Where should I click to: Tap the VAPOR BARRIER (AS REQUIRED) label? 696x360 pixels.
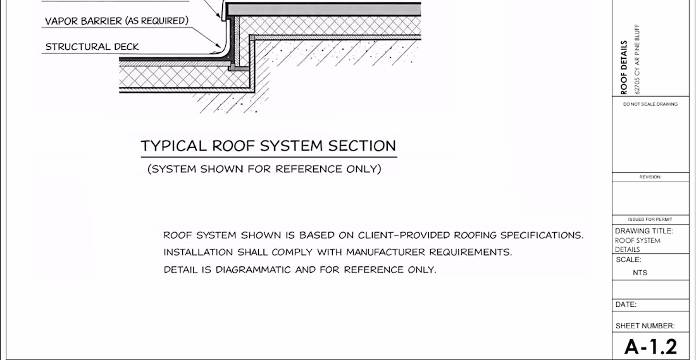(x=117, y=21)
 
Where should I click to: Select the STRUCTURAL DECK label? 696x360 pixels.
(x=92, y=47)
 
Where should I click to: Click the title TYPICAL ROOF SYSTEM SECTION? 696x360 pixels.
(x=268, y=146)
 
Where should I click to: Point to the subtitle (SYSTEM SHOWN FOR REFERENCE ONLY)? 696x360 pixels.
(x=264, y=169)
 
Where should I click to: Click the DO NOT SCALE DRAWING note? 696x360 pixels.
(x=650, y=104)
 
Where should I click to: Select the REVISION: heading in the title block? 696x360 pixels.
(x=650, y=177)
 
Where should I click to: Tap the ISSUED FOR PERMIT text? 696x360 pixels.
(x=650, y=220)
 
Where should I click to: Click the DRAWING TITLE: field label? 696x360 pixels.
(x=644, y=231)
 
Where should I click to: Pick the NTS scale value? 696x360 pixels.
(x=640, y=273)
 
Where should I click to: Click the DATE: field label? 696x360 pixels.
(x=626, y=304)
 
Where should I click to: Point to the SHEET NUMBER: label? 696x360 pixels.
(x=645, y=326)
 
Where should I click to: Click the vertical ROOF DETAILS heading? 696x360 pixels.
(x=624, y=68)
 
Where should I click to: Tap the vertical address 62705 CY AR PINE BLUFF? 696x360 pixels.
(x=638, y=59)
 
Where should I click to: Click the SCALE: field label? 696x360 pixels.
(x=628, y=259)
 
